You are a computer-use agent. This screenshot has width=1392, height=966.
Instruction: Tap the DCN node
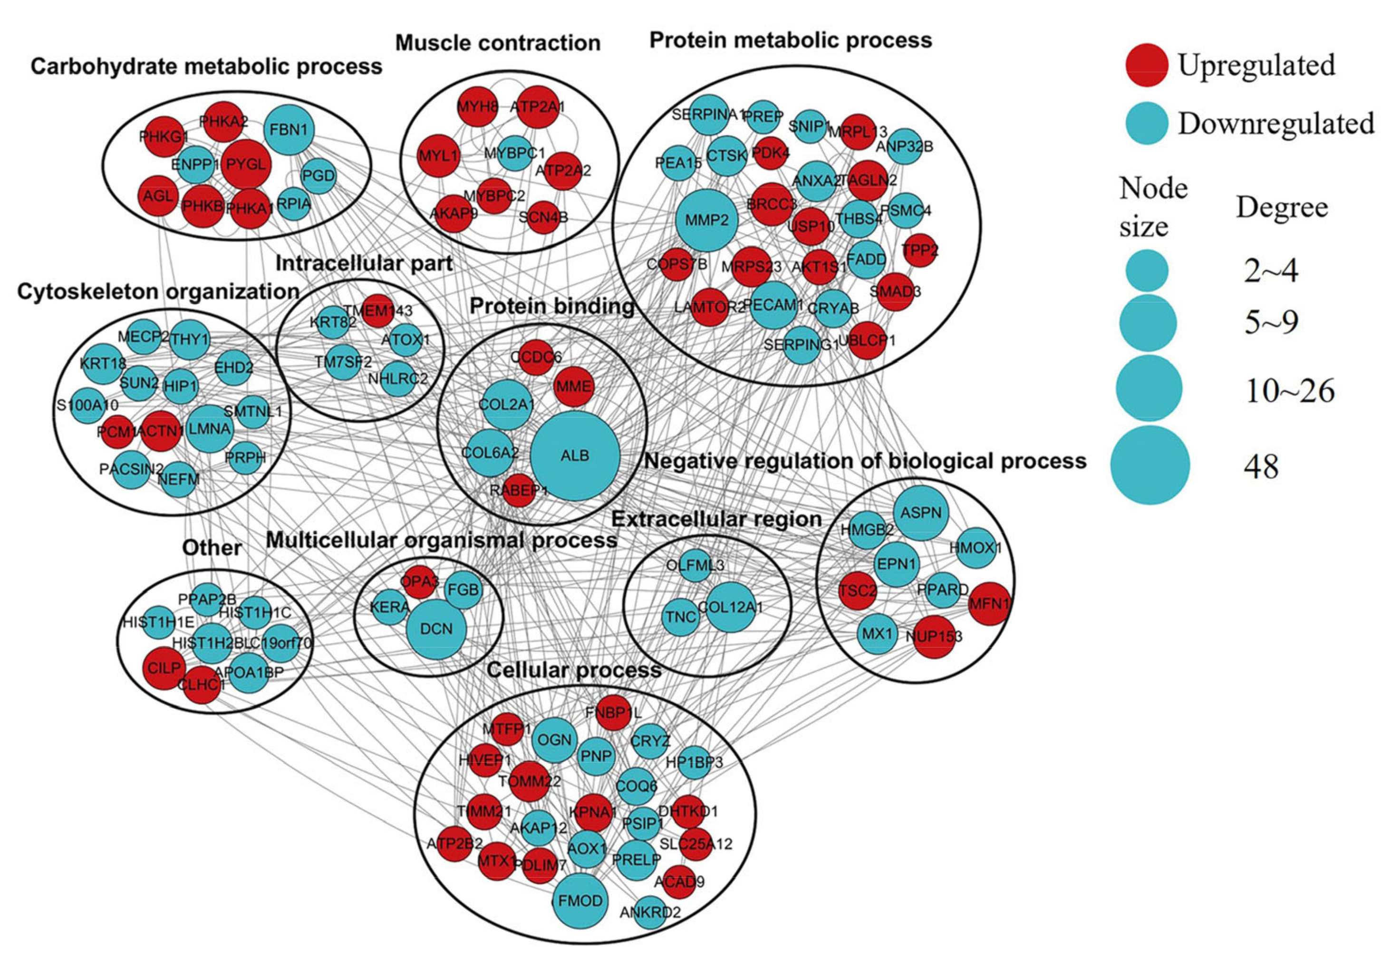coord(436,629)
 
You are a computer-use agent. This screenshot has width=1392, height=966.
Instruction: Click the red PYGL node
coord(246,164)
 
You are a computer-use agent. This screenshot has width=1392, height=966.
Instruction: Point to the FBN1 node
coord(289,129)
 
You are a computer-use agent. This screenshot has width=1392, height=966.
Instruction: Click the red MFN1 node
coord(989,603)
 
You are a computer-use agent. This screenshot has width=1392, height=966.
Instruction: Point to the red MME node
coord(573,386)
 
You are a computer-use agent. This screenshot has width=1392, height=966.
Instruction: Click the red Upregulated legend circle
coord(1146,65)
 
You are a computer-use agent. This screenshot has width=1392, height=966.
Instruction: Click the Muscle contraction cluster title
coord(497,43)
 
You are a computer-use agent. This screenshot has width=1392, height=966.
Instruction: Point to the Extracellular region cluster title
coord(716,519)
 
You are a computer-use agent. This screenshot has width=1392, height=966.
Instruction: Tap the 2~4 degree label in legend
coord(1271,271)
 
